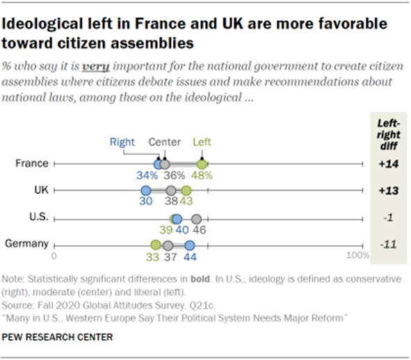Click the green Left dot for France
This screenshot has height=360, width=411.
pos(202,164)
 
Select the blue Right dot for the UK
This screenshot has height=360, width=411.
pos(145,190)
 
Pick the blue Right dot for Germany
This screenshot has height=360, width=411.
pos(190,245)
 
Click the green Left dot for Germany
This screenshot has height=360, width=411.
pos(156,245)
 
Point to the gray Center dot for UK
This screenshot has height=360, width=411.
pos(171,190)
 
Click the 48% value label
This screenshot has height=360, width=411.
pos(203,177)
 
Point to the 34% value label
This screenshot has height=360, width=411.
pos(147,177)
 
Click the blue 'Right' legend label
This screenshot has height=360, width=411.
pos(122,142)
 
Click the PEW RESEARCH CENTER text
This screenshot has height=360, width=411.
pos(58,337)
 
